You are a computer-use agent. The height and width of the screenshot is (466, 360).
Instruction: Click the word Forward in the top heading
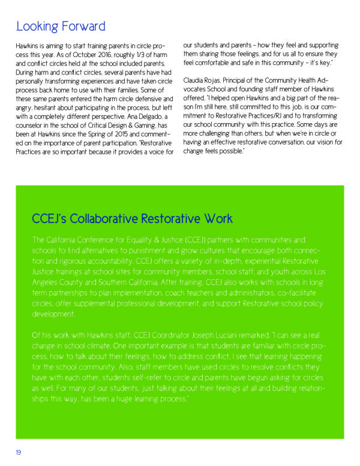[82, 27]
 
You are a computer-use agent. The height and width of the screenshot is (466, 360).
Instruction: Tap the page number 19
[19, 452]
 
